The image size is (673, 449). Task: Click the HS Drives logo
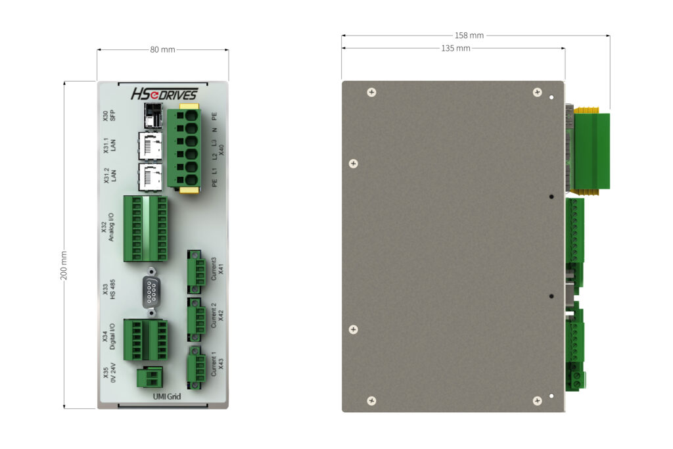click(164, 94)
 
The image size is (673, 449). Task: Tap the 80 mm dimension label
click(163, 50)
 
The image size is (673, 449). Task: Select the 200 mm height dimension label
click(64, 266)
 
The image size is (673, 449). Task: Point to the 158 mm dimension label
click(469, 35)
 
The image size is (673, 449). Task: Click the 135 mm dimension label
click(456, 49)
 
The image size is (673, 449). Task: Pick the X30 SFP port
click(153, 116)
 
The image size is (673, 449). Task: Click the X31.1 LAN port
click(151, 146)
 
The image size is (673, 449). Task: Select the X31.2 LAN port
click(151, 177)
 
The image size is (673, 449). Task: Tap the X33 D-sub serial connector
click(151, 292)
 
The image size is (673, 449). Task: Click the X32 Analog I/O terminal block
click(145, 228)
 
